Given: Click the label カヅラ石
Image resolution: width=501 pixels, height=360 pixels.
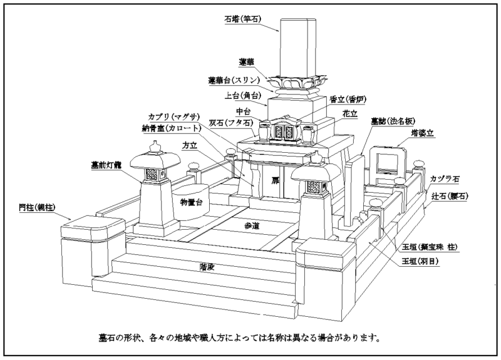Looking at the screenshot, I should click(445, 179).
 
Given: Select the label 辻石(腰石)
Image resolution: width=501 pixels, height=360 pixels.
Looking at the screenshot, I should click(450, 196).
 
